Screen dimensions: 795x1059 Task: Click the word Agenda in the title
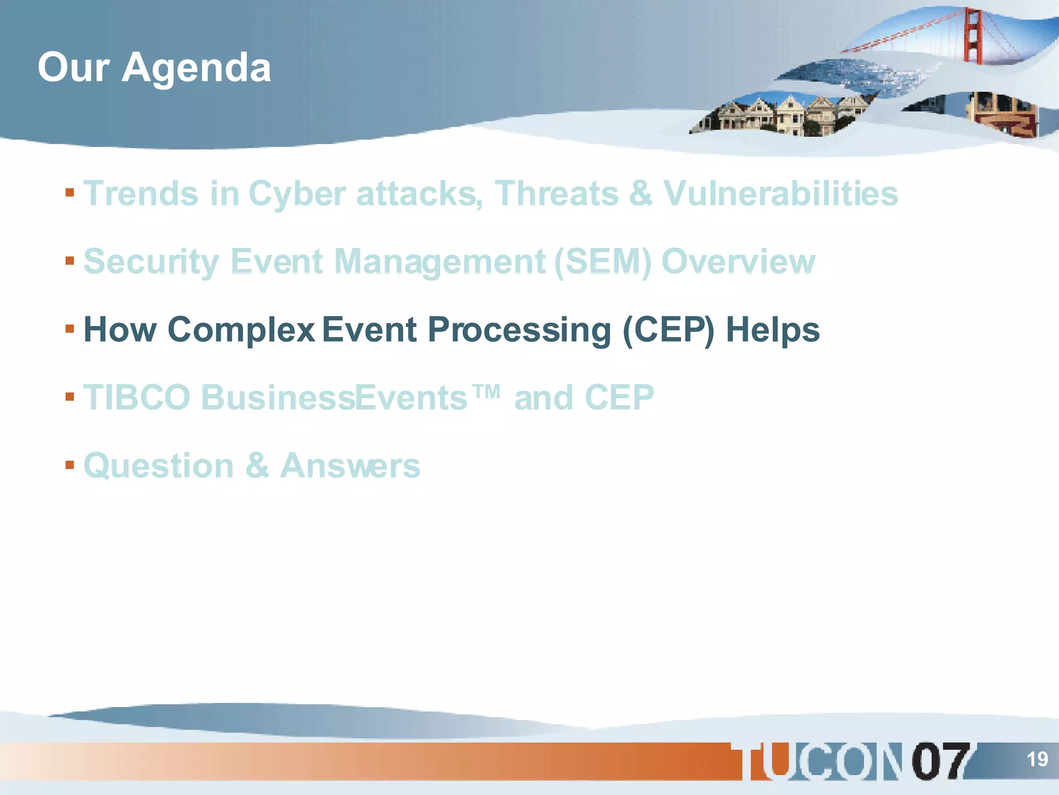click(x=196, y=68)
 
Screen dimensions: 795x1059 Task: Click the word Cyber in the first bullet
click(x=297, y=194)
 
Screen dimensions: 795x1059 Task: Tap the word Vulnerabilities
click(x=781, y=194)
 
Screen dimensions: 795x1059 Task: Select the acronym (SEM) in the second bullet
click(x=602, y=261)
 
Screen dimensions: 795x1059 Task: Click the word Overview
click(x=738, y=261)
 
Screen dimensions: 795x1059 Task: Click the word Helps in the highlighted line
click(x=773, y=330)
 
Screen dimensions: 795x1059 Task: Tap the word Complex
click(x=241, y=330)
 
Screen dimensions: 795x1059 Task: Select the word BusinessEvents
click(x=334, y=397)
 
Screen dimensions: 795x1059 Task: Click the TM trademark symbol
click(x=487, y=392)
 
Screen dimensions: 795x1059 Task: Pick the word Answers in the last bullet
click(x=350, y=466)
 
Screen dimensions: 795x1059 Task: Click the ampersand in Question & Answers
click(x=257, y=466)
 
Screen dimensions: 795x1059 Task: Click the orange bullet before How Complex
click(x=70, y=329)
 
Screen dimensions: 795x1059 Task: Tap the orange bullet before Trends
click(x=70, y=193)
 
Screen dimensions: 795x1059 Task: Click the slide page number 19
click(x=1037, y=759)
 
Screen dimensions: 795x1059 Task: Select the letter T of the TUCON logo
click(x=760, y=761)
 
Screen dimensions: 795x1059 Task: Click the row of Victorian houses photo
click(x=781, y=115)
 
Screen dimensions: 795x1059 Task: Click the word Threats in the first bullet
click(x=556, y=194)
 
